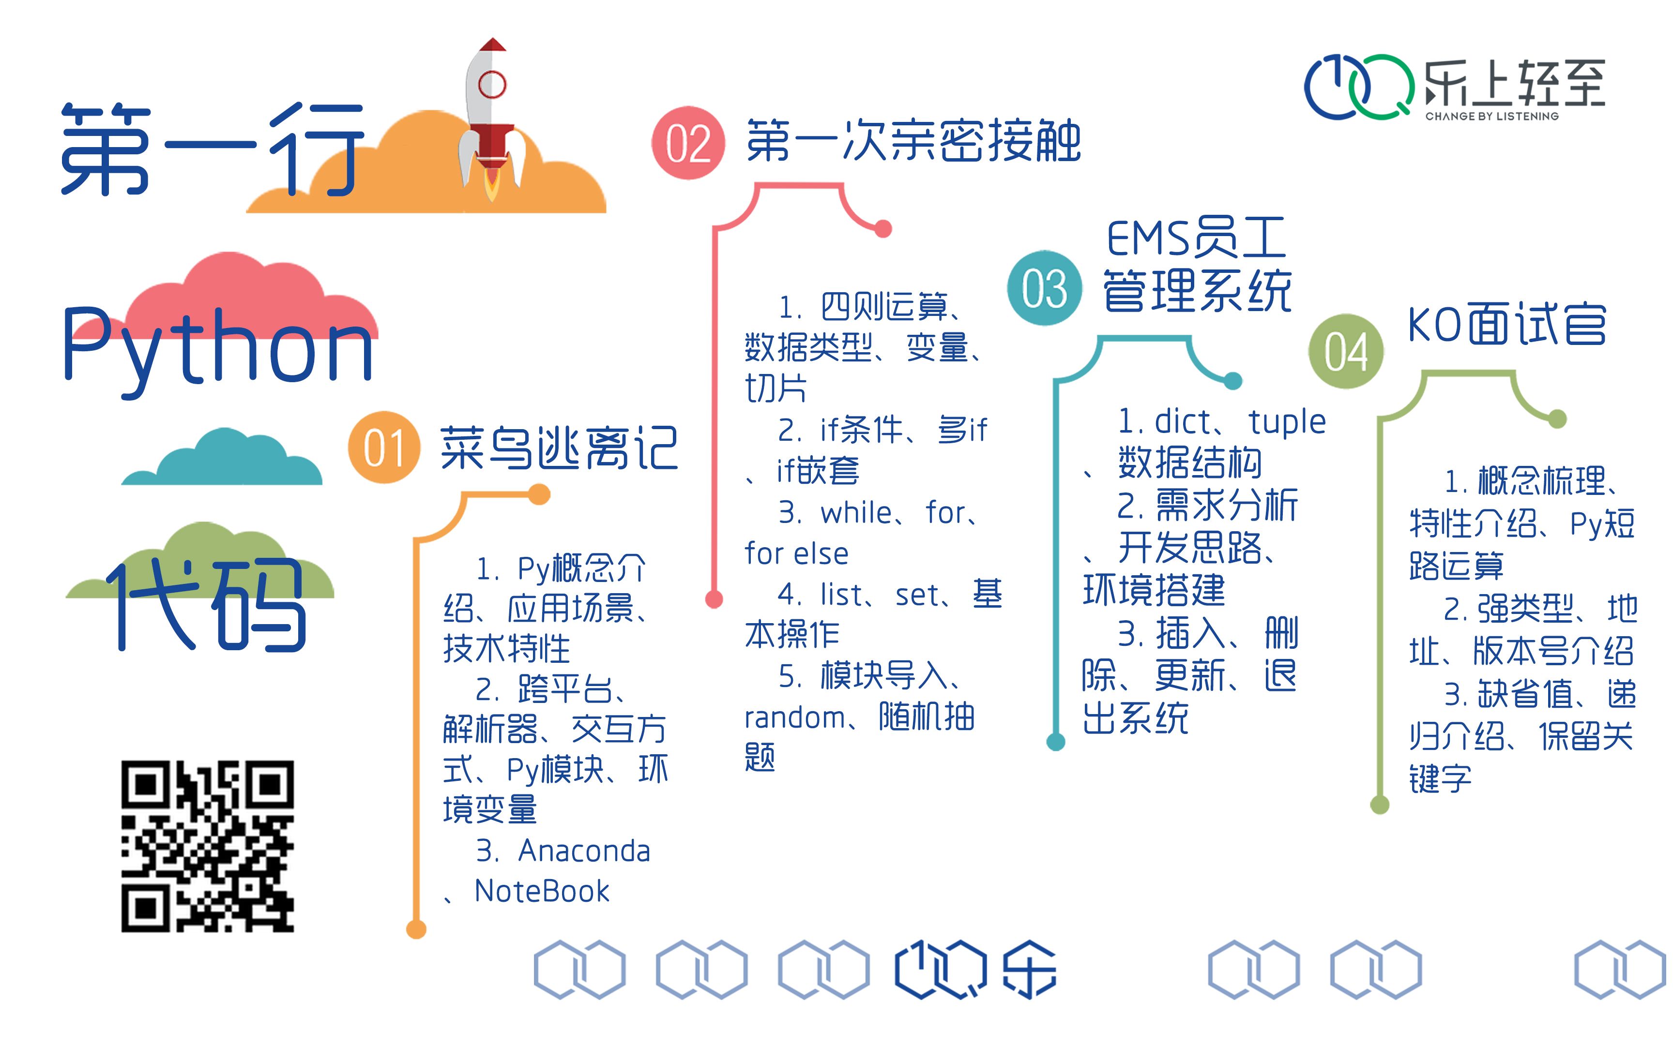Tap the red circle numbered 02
688,143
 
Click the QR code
207,846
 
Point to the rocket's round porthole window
491,84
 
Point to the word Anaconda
584,851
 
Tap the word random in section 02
794,718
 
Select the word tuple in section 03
1287,421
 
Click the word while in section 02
856,513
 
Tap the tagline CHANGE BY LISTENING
1492,116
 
